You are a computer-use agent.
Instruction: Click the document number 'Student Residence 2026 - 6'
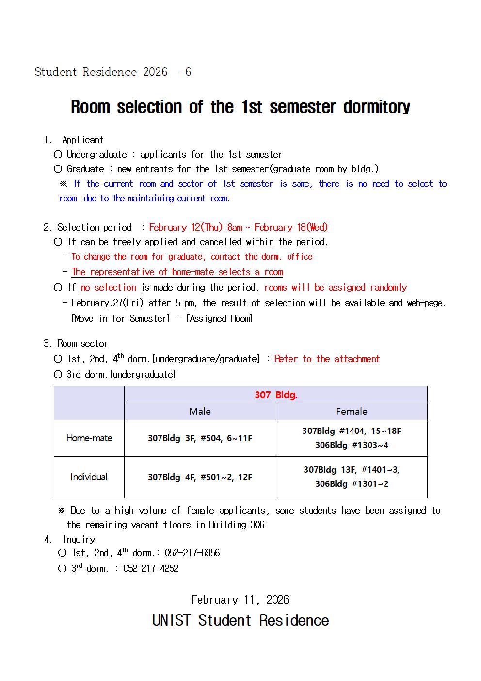(113, 72)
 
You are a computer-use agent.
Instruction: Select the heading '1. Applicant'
(74, 140)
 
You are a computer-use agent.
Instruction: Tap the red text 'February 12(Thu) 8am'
(195, 227)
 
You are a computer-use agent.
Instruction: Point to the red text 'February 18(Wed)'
(291, 227)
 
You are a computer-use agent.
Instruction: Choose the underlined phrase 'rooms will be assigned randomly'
(336, 287)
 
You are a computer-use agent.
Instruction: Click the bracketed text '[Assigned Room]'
(220, 318)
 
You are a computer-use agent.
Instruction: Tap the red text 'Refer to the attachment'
(327, 359)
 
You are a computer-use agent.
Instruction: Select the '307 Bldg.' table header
(276, 395)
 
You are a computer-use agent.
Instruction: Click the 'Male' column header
(200, 411)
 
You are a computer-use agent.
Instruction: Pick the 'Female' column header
(352, 411)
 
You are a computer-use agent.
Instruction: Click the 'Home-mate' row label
(89, 438)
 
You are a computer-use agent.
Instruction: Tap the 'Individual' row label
(89, 477)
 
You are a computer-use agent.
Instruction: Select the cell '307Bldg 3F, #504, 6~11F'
(200, 438)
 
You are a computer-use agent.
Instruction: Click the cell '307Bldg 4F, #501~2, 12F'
(200, 477)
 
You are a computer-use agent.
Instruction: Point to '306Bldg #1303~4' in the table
(352, 445)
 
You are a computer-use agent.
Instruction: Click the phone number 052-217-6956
(192, 553)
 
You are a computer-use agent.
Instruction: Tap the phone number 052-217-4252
(151, 568)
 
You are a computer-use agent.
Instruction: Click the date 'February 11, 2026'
(240, 600)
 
